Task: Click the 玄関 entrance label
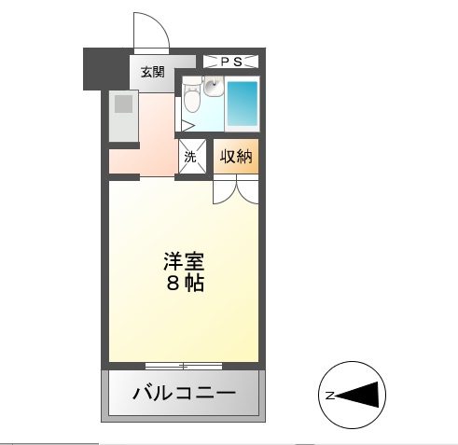pyautogui.click(x=152, y=72)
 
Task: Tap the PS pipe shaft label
pyautogui.click(x=231, y=62)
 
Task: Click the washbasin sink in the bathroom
pyautogui.click(x=214, y=86)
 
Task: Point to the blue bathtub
pyautogui.click(x=243, y=104)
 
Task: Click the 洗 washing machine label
pyautogui.click(x=190, y=157)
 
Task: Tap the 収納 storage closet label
pyautogui.click(x=236, y=156)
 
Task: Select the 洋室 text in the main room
pyautogui.click(x=184, y=261)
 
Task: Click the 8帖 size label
pyautogui.click(x=186, y=283)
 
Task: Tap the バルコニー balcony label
pyautogui.click(x=184, y=394)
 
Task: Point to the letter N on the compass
pyautogui.click(x=330, y=396)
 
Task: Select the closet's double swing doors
pyautogui.click(x=236, y=189)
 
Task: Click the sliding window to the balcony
pyautogui.click(x=184, y=366)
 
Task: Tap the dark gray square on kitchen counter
pyautogui.click(x=124, y=104)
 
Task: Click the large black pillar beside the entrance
pyautogui.click(x=106, y=69)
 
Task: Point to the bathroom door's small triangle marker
pyautogui.click(x=187, y=126)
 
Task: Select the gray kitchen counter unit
pyautogui.click(x=124, y=116)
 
